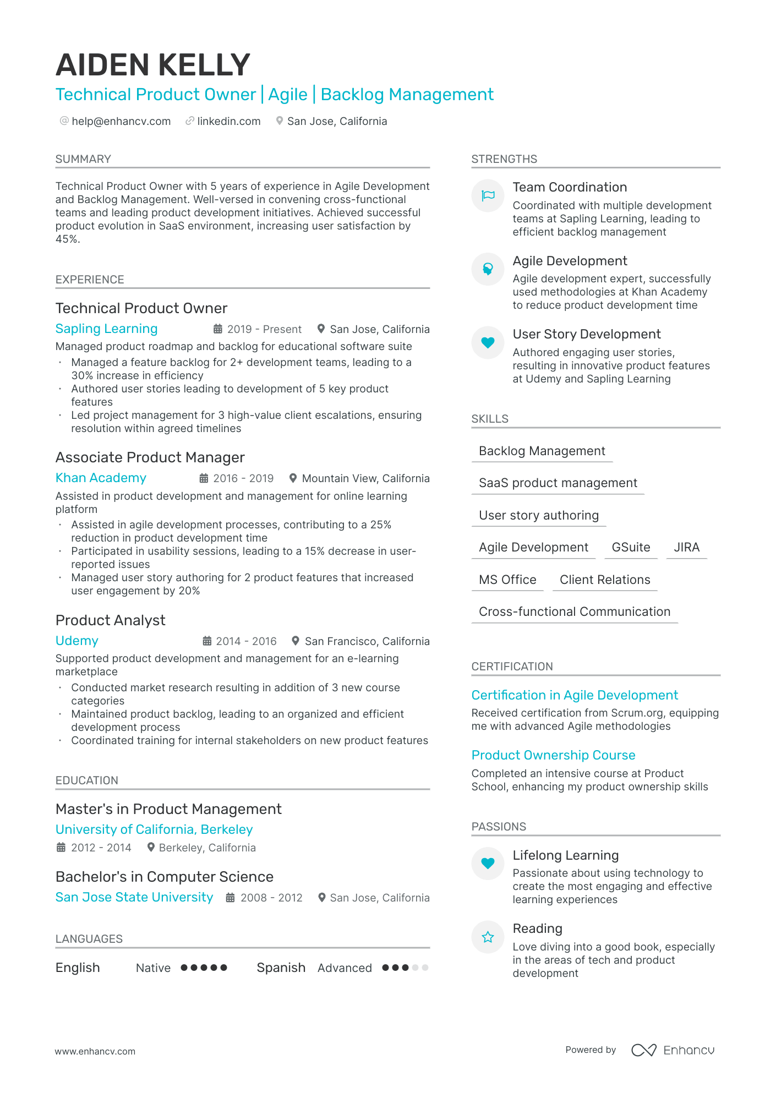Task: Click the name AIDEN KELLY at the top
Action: [153, 65]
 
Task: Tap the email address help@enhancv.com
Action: [121, 121]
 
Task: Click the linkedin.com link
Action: [228, 121]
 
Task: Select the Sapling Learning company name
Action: [106, 329]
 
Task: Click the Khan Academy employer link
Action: [101, 478]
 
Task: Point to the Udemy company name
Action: [76, 641]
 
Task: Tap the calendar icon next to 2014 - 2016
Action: [207, 641]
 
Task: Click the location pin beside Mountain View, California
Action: [293, 478]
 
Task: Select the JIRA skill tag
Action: [686, 547]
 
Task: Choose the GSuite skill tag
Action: [631, 547]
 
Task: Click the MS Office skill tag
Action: [507, 580]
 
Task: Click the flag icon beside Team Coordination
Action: [488, 195]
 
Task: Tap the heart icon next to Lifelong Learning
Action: [488, 863]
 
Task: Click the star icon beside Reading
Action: [488, 937]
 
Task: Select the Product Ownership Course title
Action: [553, 755]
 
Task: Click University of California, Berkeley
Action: [154, 829]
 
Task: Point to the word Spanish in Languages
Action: [281, 968]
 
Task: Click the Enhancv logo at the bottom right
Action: [673, 1050]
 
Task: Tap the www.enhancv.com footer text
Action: [95, 1051]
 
